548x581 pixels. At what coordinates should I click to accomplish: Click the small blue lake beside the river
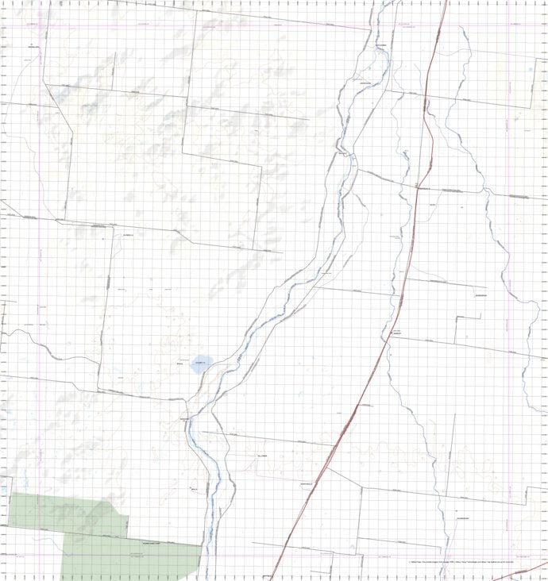pos(200,366)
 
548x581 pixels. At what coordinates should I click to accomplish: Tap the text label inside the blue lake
pos(199,363)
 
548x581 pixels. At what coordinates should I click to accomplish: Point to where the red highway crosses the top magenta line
pos(438,27)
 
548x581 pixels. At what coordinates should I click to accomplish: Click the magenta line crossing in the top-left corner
pos(39,27)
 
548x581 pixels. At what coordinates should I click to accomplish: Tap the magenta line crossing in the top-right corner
pos(509,27)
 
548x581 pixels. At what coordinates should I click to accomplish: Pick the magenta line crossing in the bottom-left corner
pos(39,556)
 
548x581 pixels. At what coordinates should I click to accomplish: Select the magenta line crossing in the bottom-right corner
pos(509,556)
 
